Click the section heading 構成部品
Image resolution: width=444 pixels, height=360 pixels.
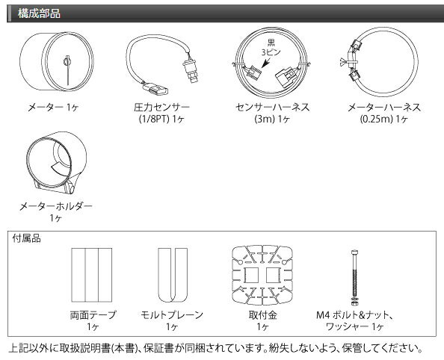[39, 13]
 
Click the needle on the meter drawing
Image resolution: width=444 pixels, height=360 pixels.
[67, 70]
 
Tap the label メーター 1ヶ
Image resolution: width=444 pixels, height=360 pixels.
[53, 108]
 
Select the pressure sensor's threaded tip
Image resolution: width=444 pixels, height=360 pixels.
[194, 78]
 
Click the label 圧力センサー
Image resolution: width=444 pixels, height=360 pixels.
[161, 108]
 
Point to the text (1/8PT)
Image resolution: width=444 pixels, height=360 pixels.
[154, 119]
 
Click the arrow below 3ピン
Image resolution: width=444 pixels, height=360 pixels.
[266, 62]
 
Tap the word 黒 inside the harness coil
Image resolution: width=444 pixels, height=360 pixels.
[271, 43]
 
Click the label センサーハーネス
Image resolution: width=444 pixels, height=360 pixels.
[273, 108]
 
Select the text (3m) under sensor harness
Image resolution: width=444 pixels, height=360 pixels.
[265, 119]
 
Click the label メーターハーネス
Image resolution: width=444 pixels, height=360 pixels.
[384, 108]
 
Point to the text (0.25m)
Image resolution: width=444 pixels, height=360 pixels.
[376, 119]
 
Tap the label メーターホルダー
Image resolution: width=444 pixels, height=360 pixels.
[56, 206]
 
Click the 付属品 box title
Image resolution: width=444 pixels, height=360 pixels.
[26, 238]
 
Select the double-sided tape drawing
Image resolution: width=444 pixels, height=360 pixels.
[92, 275]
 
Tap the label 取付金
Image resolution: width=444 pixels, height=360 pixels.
[262, 315]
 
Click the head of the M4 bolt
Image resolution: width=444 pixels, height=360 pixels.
[354, 252]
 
